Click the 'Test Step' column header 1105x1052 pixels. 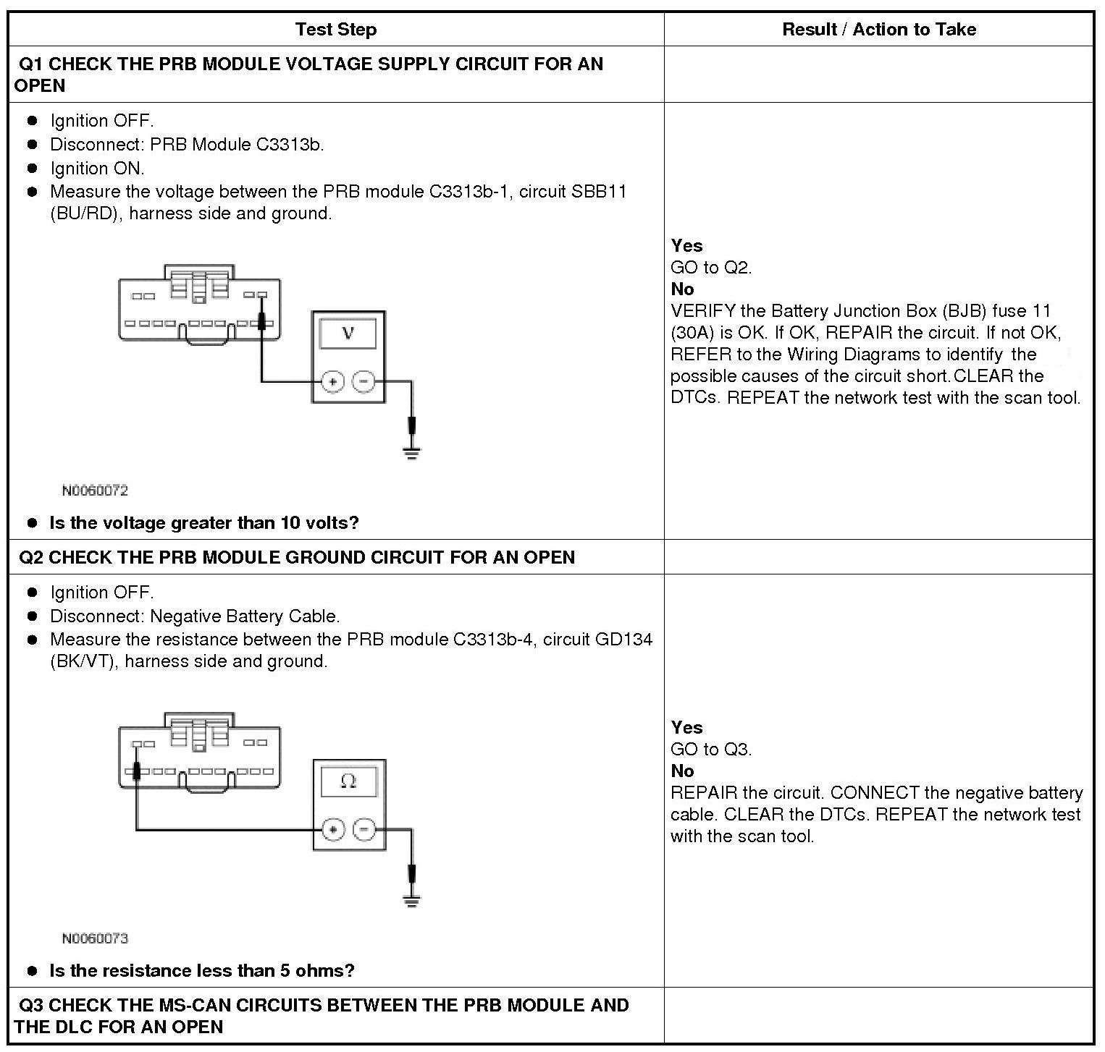point(336,30)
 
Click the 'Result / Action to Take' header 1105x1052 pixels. point(878,30)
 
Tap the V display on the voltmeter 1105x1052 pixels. point(348,334)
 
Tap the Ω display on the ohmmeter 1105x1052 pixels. point(348,782)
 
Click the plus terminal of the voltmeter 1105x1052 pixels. point(332,381)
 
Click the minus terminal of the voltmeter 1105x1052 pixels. point(364,381)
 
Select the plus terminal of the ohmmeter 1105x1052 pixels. point(332,829)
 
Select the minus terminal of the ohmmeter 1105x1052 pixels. point(364,829)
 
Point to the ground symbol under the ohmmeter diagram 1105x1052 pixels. point(412,902)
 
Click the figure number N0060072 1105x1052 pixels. point(95,491)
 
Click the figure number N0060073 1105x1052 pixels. point(95,938)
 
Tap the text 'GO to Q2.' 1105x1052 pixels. point(711,268)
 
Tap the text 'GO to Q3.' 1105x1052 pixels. point(711,750)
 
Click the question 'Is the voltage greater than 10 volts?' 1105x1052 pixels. point(204,522)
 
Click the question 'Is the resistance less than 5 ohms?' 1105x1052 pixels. point(202,970)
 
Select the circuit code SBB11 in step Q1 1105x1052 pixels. point(600,192)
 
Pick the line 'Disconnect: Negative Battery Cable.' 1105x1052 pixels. point(195,616)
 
